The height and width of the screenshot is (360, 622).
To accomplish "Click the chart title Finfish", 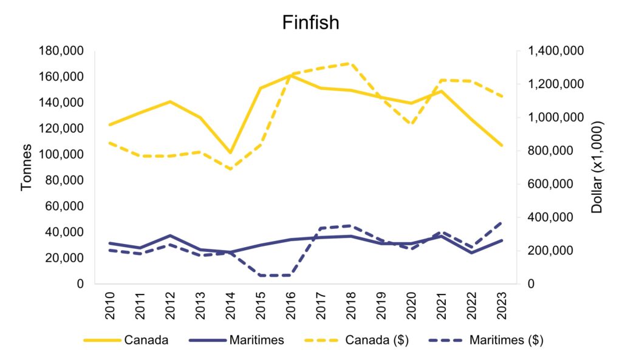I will (x=310, y=22).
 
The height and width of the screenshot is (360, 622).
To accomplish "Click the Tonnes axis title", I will (x=27, y=167).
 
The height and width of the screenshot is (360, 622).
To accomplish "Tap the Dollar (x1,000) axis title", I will (x=596, y=167).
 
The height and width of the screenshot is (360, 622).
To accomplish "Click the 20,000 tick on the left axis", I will (x=66, y=258).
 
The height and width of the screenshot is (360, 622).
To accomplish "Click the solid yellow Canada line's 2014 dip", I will (x=230, y=152).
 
